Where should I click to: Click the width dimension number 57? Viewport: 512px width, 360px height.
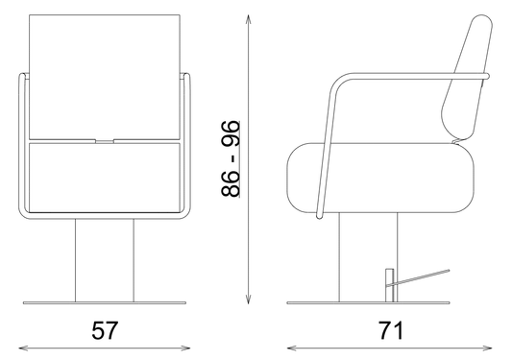click(105, 330)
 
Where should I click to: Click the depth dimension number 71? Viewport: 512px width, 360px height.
click(391, 330)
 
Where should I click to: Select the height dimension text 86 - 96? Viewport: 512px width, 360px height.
click(231, 159)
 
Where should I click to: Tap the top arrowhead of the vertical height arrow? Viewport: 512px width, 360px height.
click(248, 19)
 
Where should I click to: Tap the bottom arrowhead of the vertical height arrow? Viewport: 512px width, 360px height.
click(248, 299)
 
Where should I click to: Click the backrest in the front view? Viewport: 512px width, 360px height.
click(105, 77)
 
